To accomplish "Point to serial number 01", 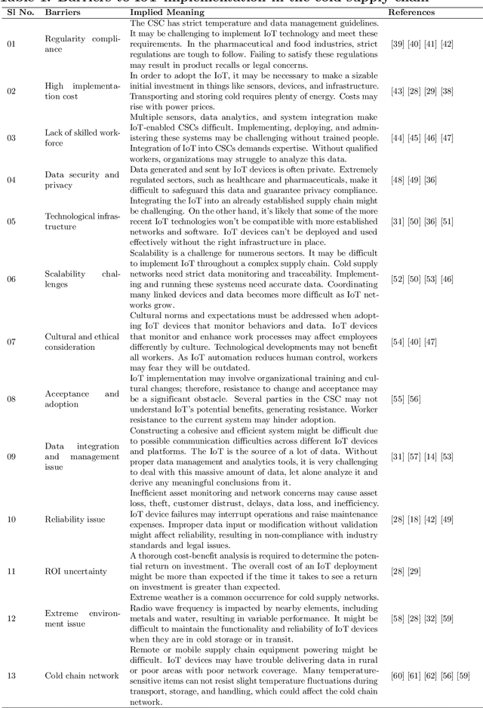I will (x=11, y=44).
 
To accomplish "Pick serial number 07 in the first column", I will (x=11, y=342).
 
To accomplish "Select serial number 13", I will (x=11, y=675).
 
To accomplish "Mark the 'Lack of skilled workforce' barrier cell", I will (x=82, y=138).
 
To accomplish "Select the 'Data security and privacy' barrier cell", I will (x=82, y=179).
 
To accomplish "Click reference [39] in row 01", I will (x=398, y=44).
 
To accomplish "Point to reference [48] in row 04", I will (x=398, y=179).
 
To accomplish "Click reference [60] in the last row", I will (x=398, y=675).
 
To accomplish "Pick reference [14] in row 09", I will (x=436, y=456).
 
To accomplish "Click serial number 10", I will (x=11, y=520).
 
